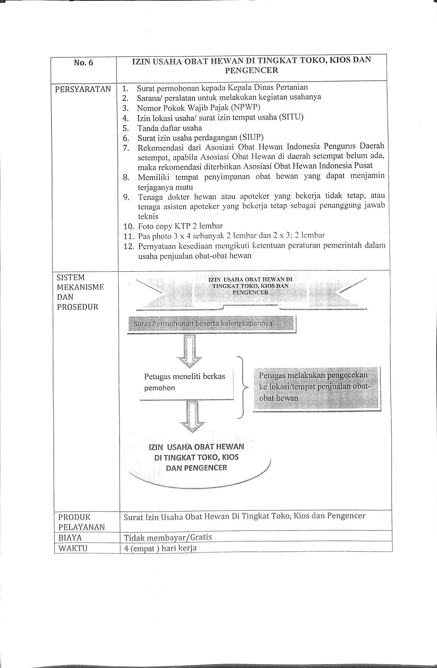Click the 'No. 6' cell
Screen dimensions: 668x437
click(83, 63)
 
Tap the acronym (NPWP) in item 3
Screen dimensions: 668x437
click(241, 107)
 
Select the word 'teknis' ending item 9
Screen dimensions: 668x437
click(148, 216)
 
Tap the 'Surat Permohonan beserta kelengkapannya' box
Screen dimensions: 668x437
click(211, 324)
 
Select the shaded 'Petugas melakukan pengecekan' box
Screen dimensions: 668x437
click(316, 387)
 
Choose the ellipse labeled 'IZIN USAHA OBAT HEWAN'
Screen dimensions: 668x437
click(197, 458)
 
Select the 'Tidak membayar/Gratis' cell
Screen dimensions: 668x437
click(168, 538)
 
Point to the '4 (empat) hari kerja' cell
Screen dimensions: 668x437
click(160, 548)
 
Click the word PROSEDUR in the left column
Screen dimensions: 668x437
click(78, 307)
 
